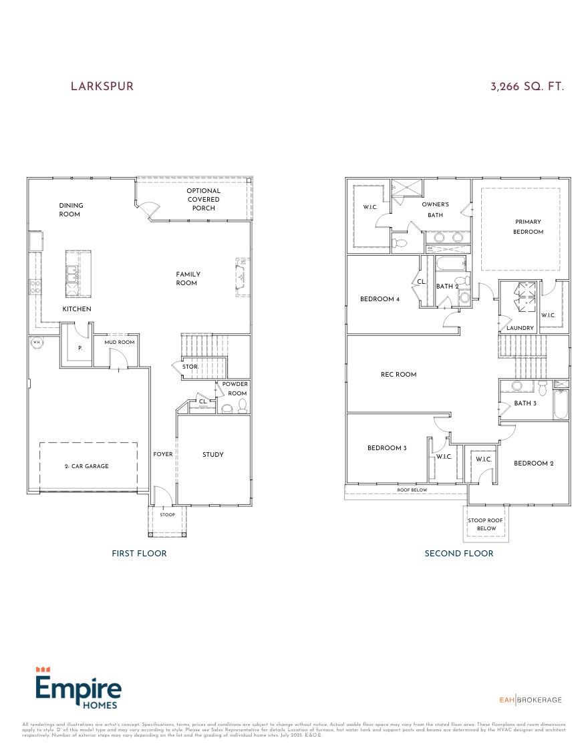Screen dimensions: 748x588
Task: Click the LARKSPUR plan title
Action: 102,87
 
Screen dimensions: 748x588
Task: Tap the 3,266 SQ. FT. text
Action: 527,87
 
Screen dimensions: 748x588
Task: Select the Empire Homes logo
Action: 78,688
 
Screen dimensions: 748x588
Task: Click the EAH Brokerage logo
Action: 531,700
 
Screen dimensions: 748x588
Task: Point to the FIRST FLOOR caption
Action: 139,553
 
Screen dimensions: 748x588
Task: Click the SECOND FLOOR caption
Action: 459,553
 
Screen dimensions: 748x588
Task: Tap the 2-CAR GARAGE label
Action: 86,466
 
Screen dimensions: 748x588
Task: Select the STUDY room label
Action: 213,455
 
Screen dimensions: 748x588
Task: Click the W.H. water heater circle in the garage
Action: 36,343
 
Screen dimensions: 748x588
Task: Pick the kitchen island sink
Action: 71,274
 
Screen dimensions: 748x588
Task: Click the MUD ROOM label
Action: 119,343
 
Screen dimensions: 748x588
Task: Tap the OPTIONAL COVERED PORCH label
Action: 203,199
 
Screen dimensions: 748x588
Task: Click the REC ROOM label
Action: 398,375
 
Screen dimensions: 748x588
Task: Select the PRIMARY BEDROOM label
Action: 528,226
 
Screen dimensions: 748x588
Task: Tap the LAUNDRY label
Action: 520,328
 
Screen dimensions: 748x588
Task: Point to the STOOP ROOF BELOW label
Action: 486,524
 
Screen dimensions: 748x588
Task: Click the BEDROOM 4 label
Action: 380,299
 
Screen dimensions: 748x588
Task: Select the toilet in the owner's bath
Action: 398,242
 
